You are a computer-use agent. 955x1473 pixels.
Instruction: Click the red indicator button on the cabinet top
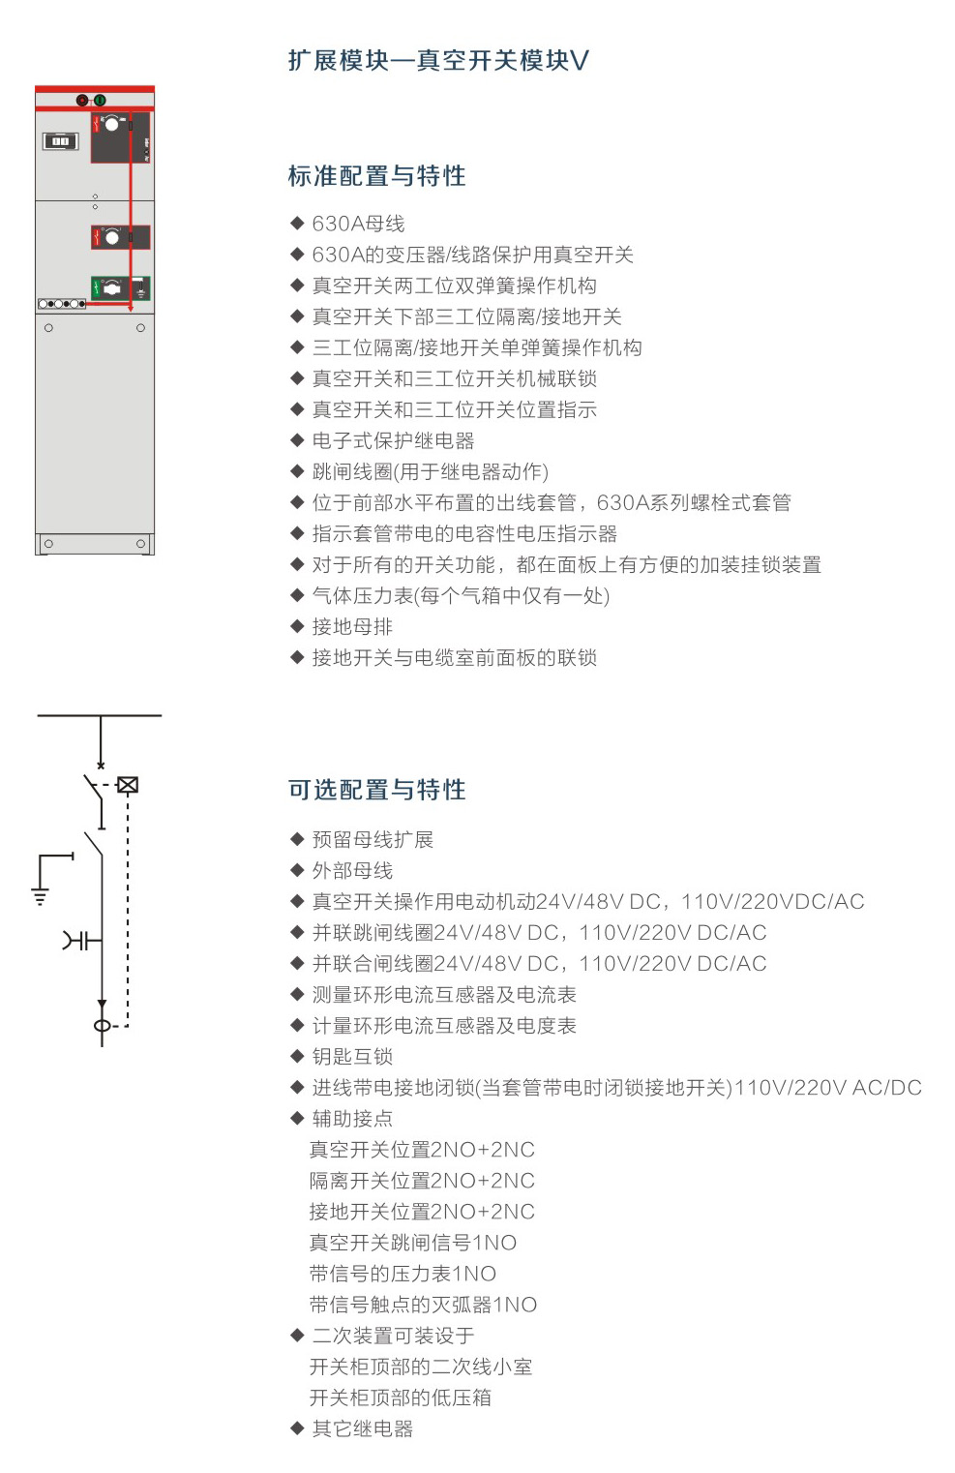[x=82, y=101]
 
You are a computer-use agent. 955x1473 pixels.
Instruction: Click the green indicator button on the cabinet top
[x=100, y=101]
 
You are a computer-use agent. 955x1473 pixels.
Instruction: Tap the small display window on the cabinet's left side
[x=60, y=141]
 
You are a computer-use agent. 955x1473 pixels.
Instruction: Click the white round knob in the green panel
[x=112, y=288]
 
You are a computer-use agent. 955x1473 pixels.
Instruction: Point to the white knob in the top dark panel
[x=113, y=124]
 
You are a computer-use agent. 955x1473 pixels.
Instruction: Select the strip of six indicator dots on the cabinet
[x=62, y=304]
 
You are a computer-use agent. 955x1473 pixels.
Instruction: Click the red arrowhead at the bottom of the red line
[x=130, y=308]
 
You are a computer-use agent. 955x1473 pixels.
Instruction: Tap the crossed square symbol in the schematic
[x=128, y=785]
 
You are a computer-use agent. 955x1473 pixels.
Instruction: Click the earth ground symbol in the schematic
[x=41, y=895]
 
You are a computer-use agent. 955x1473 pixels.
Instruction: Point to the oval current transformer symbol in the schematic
[x=102, y=1026]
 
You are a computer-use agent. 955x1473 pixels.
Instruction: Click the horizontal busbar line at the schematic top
[x=100, y=715]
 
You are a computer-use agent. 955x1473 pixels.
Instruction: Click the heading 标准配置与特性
[x=376, y=176]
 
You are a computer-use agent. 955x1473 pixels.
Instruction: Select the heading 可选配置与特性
[x=376, y=790]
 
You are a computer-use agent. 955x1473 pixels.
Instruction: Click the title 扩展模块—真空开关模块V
[x=438, y=61]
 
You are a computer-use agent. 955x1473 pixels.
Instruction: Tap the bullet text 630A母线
[x=358, y=224]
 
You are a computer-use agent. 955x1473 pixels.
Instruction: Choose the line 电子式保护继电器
[x=393, y=440]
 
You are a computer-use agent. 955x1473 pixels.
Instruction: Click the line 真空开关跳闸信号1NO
[x=413, y=1243]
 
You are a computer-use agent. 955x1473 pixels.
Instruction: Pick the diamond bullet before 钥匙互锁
[x=296, y=1056]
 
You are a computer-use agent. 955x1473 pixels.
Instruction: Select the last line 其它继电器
[x=362, y=1428]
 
